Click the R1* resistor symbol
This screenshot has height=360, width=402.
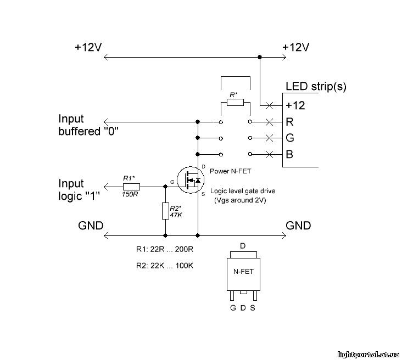tap(131, 187)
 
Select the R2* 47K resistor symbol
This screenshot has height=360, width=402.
tap(165, 211)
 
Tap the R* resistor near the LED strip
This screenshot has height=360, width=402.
tap(235, 102)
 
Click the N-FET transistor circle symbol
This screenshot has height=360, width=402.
tap(191, 180)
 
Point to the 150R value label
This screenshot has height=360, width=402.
tap(130, 194)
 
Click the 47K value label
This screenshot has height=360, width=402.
tap(176, 215)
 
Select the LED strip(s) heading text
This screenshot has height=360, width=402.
tap(316, 87)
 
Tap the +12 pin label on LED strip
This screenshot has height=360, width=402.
tap(295, 105)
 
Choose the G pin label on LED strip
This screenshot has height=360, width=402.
tap(290, 138)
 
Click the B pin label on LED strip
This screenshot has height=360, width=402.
tap(289, 154)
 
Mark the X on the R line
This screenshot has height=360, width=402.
tap(269, 122)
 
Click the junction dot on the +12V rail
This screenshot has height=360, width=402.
tap(260, 57)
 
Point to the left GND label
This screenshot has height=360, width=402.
tap(91, 226)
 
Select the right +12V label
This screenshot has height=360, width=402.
tap(295, 47)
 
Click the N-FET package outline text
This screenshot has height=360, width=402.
tap(243, 271)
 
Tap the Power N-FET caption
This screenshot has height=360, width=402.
tap(230, 171)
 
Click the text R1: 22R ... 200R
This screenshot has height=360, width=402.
tap(165, 249)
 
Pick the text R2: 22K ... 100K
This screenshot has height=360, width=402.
tap(165, 266)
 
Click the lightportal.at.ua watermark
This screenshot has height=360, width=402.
tap(368, 355)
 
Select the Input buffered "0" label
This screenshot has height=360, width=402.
tap(88, 125)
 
